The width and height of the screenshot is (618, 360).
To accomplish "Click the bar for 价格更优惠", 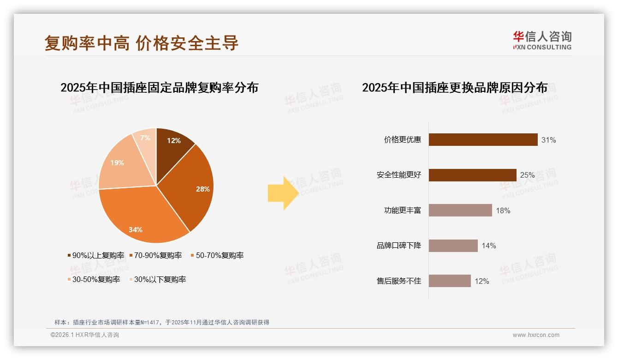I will [483, 140].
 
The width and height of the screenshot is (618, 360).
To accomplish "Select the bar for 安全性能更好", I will [472, 175].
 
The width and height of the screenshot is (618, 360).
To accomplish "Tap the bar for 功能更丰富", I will [460, 210].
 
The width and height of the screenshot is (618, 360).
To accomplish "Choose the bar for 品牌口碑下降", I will [453, 246].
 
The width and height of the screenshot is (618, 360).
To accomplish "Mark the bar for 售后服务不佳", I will [450, 281].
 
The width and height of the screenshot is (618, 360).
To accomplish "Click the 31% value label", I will [548, 140].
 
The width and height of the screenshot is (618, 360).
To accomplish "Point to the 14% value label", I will [488, 246].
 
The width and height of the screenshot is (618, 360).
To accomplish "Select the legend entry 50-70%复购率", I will [217, 255].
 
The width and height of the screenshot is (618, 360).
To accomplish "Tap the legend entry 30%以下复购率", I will [157, 279].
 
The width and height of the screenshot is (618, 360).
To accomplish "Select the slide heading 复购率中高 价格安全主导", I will [142, 43].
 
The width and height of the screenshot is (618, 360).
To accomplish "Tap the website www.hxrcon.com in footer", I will [536, 335].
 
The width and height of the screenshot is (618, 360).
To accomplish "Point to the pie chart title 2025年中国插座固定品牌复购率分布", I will [159, 87].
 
